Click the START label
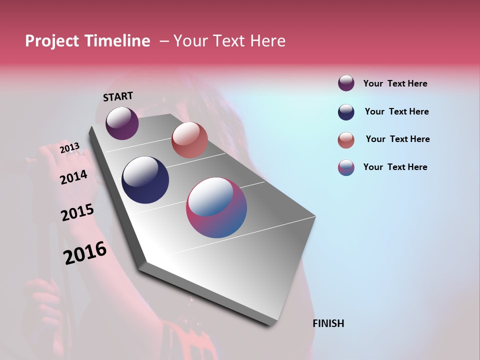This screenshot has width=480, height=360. coord(118,96)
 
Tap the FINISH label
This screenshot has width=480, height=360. coord(328,323)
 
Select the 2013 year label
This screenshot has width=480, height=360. coord(70,148)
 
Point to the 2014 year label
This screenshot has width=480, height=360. coord(74,177)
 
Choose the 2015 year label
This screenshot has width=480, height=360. coord(77,213)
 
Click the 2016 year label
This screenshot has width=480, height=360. coord(85,253)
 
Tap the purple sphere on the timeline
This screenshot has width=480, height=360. coord(122,123)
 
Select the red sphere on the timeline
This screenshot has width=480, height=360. coord(189,140)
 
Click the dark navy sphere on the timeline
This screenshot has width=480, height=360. coord(145,180)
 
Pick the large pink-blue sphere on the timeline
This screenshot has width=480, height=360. coord(216,207)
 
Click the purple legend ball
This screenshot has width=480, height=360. coord(346,83)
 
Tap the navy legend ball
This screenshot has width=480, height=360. coord(346,112)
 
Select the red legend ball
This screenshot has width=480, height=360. coord(346,140)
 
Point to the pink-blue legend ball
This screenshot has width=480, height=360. coord(346,167)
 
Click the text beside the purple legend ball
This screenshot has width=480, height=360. coord(395,84)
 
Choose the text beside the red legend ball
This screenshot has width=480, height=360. coord(397,139)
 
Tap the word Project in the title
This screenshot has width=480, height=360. coord(52,41)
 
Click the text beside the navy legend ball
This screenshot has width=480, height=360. coord(396,111)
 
